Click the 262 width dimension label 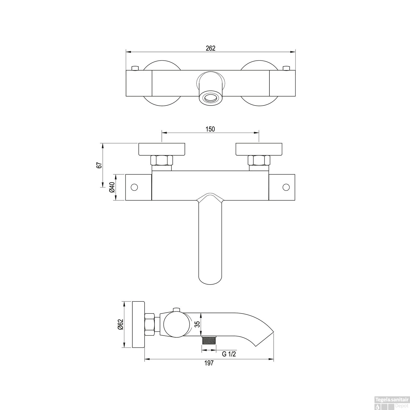[x=210, y=48]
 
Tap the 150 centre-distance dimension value [x=210, y=129]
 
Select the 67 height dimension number [x=99, y=165]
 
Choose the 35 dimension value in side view [x=197, y=324]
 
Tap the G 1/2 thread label [x=229, y=354]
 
